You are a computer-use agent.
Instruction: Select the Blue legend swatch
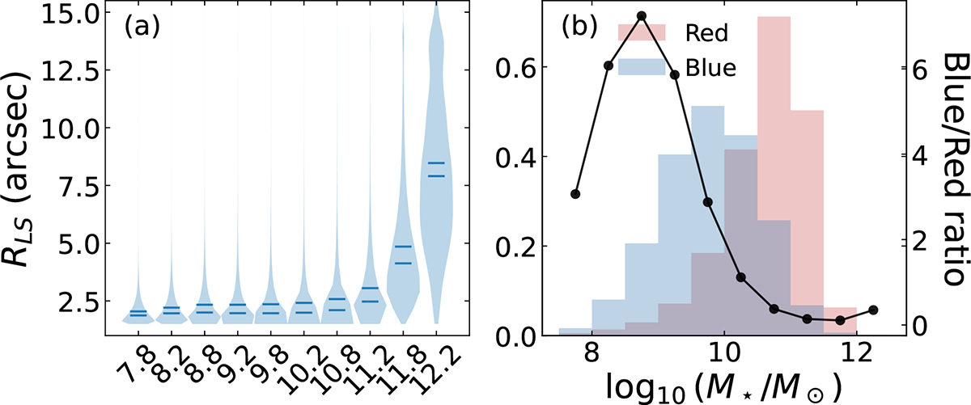coord(641,67)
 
